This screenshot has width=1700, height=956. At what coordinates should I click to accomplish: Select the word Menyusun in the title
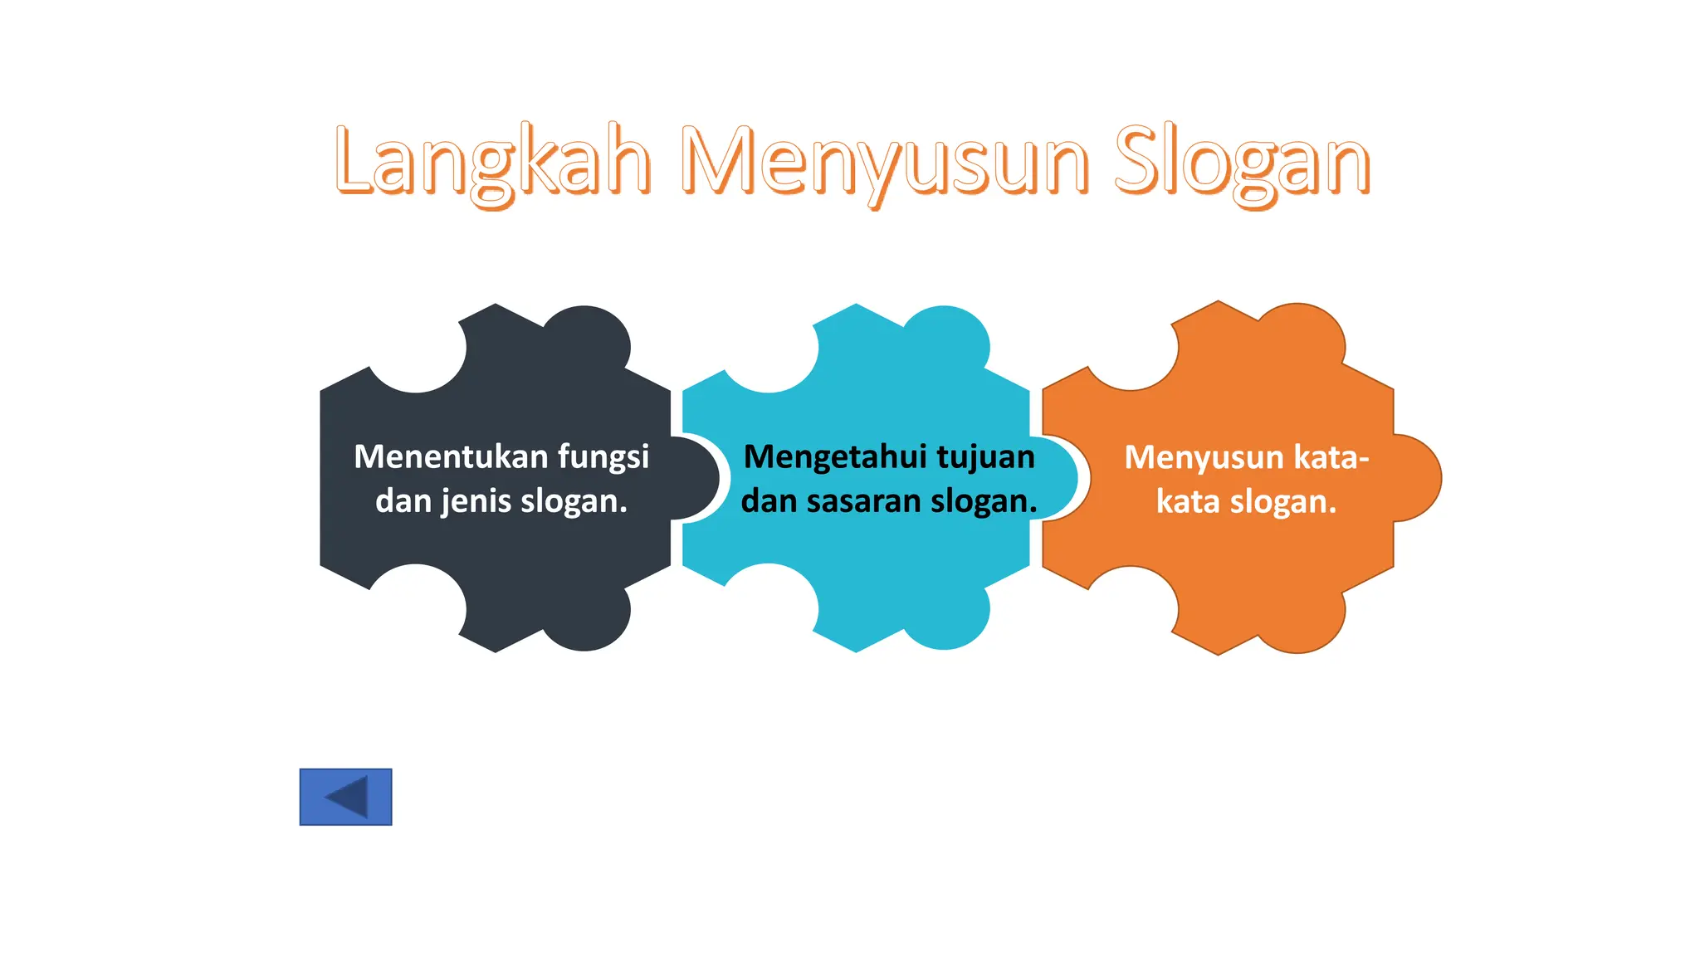(883, 162)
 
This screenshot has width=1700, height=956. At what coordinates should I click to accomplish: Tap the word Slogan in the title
(1241, 162)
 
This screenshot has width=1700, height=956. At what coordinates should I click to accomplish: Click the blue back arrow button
(345, 797)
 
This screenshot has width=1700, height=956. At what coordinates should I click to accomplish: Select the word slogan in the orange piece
(1282, 502)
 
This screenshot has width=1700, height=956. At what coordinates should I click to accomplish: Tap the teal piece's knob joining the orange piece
(1056, 479)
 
